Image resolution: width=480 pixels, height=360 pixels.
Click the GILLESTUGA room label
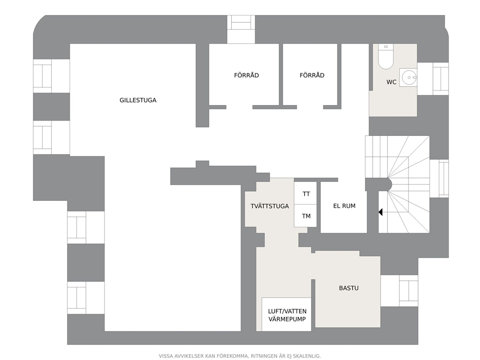pos(138,100)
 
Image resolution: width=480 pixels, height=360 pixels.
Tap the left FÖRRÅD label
pos(246,75)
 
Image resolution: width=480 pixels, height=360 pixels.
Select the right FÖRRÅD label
pos(312,75)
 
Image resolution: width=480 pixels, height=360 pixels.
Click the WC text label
pos(391,82)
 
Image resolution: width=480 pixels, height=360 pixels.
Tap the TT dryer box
pos(305,193)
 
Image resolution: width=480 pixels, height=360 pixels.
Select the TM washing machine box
pos(305,216)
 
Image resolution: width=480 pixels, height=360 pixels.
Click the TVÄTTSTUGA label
pos(270,206)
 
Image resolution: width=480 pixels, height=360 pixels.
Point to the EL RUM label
pos(345,206)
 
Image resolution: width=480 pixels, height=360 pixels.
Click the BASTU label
pos(349,288)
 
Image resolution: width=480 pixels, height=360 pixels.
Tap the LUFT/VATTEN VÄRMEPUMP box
pos(286,315)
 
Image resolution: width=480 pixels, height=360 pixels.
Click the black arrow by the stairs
pos(380,212)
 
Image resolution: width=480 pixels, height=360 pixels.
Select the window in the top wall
pos(241,29)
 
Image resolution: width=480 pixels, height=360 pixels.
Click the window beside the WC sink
pos(433,79)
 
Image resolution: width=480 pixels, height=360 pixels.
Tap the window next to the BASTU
pos(399,291)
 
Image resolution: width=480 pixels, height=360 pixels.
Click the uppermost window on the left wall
pos(51,76)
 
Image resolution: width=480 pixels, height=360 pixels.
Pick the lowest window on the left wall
pos(86,298)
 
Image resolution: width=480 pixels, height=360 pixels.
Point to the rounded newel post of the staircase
pos(388,184)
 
